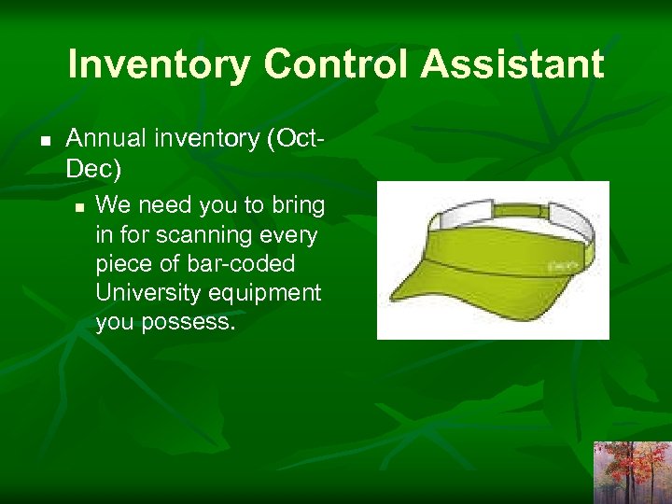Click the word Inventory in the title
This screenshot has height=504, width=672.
[x=159, y=64]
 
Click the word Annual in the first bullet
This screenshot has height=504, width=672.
[x=104, y=139]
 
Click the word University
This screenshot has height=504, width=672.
[x=146, y=293]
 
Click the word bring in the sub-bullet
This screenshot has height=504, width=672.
[x=299, y=203]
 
